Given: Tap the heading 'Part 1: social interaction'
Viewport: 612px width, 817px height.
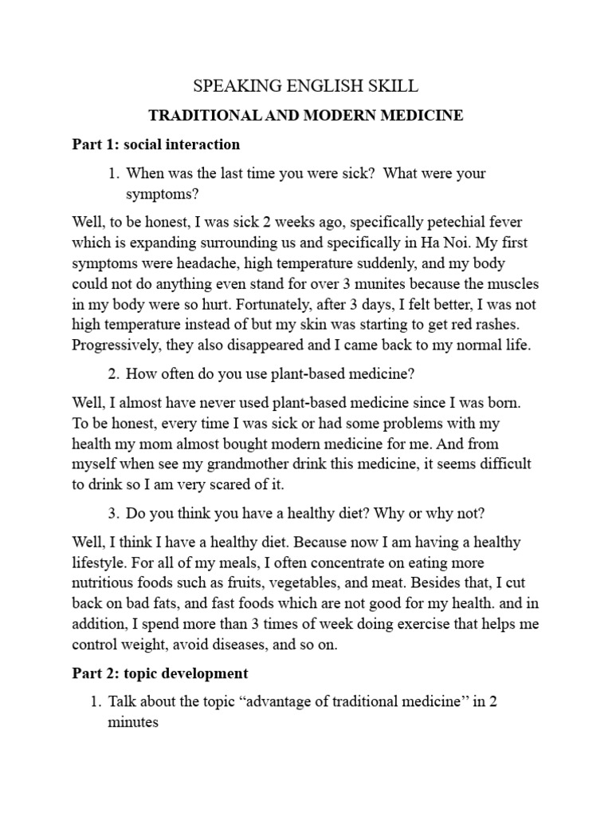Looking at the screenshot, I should point(155,144).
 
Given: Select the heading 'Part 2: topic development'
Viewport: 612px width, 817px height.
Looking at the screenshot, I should point(160,673).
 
